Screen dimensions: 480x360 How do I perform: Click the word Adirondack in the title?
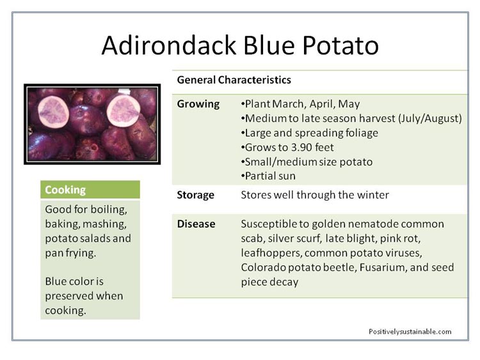click(169, 45)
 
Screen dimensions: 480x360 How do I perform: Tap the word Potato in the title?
click(340, 45)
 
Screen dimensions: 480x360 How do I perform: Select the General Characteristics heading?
click(234, 80)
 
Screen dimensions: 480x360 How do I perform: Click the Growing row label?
click(198, 104)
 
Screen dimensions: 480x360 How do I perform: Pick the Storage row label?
click(196, 195)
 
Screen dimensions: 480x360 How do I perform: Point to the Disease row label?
click(196, 224)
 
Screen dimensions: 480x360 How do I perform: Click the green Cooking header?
click(90, 190)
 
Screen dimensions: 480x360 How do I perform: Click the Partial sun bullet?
click(268, 176)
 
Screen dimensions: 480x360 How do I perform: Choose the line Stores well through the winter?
click(315, 195)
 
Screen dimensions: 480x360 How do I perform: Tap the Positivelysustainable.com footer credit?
click(410, 332)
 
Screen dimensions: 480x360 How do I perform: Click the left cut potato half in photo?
click(53, 112)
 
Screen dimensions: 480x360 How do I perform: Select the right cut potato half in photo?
click(124, 110)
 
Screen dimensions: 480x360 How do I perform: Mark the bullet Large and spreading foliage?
click(310, 133)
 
